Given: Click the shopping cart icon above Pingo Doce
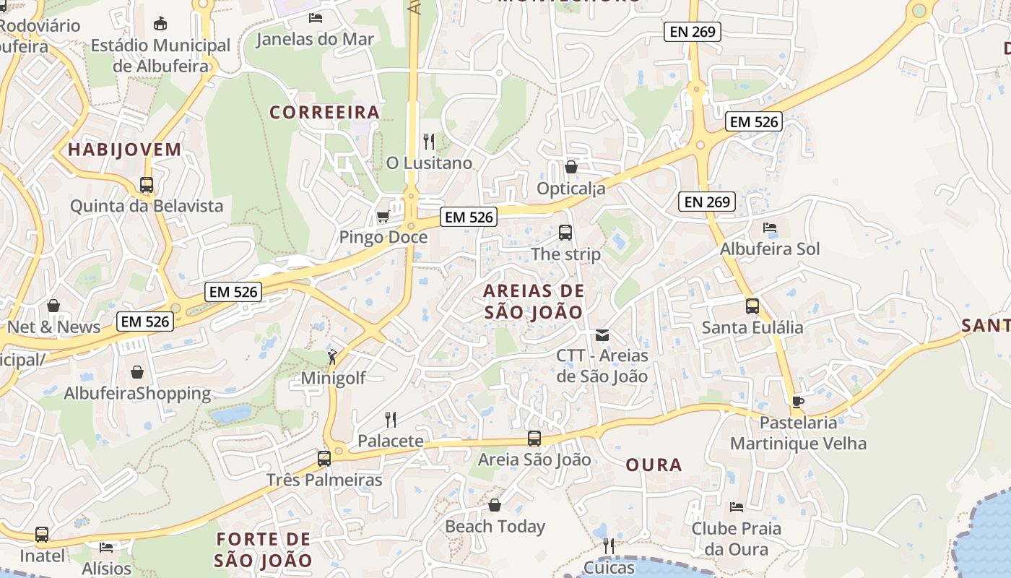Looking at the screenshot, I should (x=383, y=216).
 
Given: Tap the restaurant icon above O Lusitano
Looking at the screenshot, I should (x=429, y=141).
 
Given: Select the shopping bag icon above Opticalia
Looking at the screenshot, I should (x=571, y=167).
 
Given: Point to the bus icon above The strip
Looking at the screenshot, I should (x=565, y=233).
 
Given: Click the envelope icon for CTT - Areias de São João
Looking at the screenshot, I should (x=602, y=335).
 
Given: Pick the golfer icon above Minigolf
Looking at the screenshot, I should (x=332, y=356).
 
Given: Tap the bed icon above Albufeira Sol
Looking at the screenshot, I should (x=770, y=228).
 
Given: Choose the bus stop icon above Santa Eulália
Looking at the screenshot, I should (x=752, y=306).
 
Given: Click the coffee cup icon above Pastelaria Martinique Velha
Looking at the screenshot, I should (x=798, y=401).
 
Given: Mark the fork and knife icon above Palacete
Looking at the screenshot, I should (x=391, y=419).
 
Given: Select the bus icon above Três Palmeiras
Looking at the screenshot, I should (x=324, y=458).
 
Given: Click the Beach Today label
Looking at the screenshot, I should (x=495, y=527).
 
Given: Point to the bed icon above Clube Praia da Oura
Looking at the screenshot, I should (x=737, y=506).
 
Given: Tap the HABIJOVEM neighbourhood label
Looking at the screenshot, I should (x=124, y=150).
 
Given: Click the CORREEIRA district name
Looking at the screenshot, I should (x=324, y=112).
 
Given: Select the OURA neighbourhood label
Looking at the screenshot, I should (x=654, y=465).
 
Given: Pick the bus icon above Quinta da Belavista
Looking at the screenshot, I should (x=147, y=185).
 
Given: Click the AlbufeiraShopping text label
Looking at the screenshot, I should (x=137, y=394).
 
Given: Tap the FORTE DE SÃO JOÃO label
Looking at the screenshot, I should (x=264, y=549).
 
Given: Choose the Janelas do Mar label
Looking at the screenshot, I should (x=316, y=38).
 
